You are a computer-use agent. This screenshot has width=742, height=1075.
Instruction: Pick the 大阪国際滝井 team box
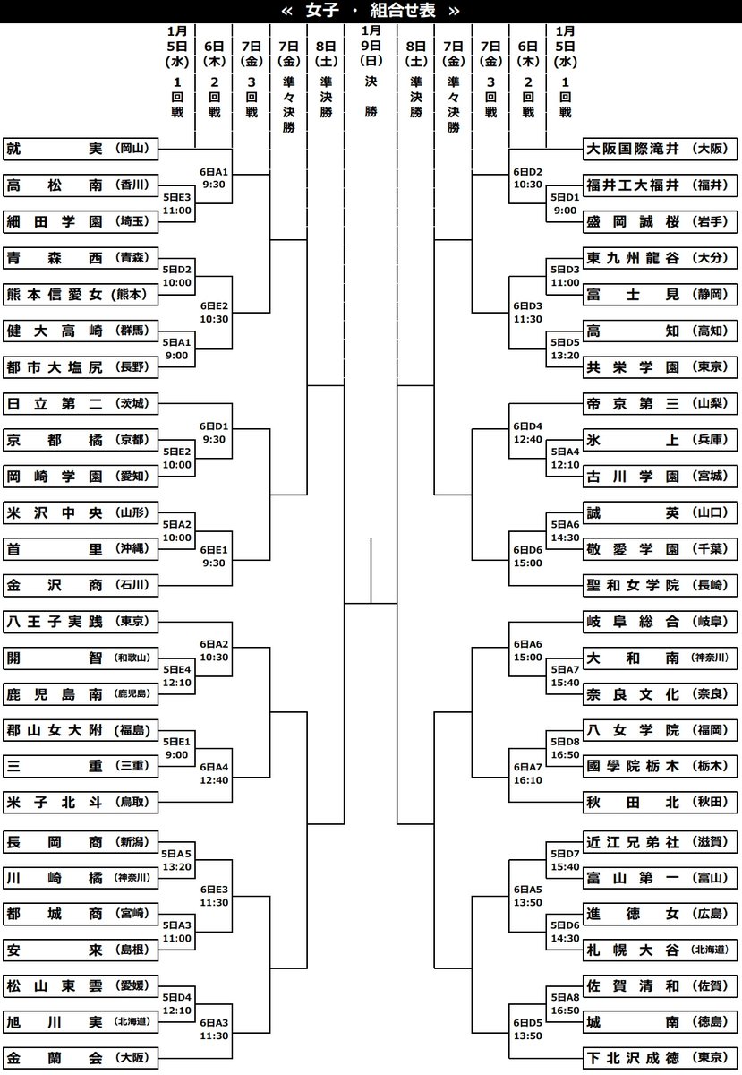click(x=661, y=149)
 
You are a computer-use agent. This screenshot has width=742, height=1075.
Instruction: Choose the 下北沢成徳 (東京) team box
click(x=661, y=1058)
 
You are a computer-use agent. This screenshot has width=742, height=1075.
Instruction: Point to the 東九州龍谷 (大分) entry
click(x=661, y=258)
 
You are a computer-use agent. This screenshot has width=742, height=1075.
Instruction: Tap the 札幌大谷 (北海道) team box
click(x=661, y=949)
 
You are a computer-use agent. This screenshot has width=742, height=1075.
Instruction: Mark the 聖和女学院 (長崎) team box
click(x=661, y=585)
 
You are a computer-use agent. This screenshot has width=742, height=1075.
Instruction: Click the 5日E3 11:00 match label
click(x=177, y=203)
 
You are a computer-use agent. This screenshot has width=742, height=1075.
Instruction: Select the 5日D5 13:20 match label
click(x=565, y=348)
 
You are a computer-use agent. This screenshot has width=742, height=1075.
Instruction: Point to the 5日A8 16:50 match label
click(x=565, y=1003)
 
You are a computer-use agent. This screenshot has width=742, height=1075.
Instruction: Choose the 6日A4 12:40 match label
click(x=215, y=772)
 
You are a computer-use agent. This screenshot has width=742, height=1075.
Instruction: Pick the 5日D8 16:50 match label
click(x=565, y=749)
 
